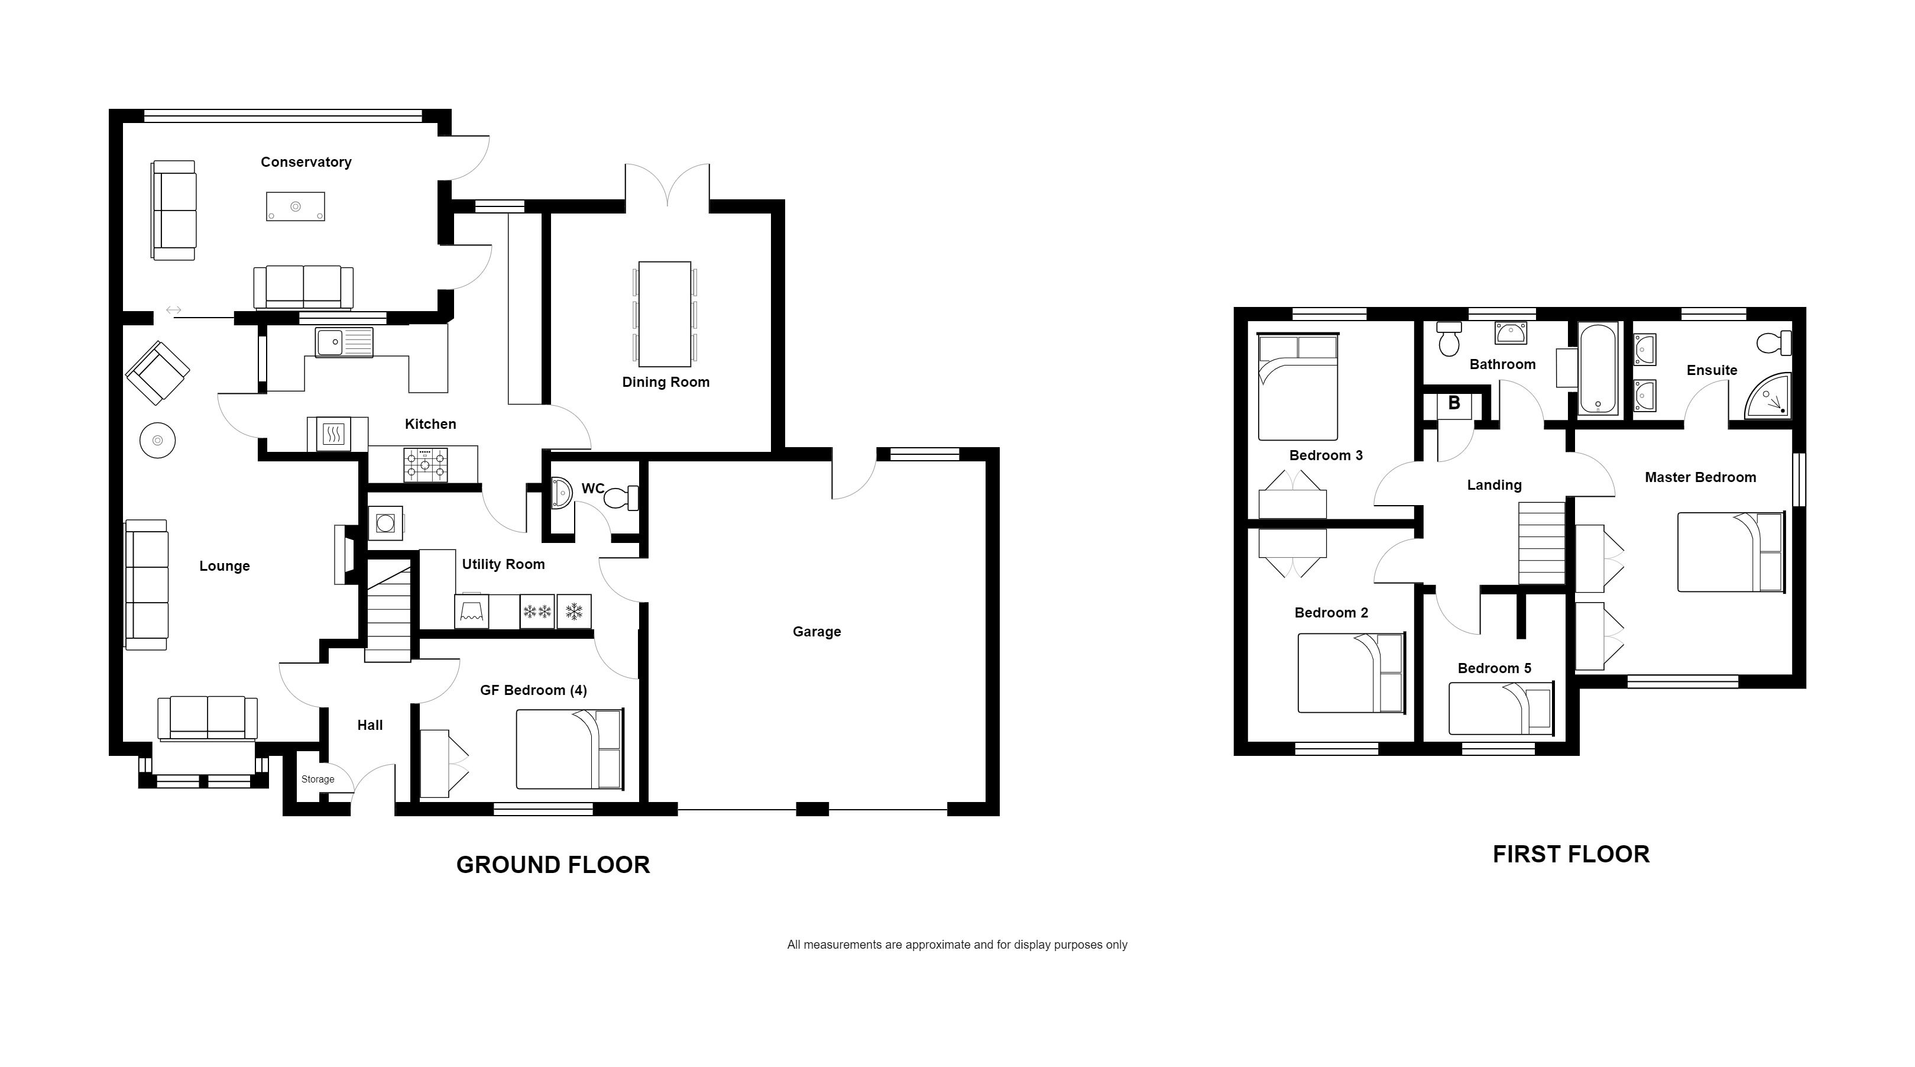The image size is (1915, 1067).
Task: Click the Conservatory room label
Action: [306, 162]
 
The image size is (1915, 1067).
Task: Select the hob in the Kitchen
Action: [425, 465]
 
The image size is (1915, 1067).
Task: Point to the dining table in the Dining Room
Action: [665, 314]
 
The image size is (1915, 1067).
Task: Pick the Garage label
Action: [816, 632]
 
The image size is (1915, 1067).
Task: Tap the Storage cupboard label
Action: [317, 779]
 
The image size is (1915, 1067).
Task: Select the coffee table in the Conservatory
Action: [295, 206]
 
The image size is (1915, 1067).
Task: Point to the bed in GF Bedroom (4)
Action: [569, 749]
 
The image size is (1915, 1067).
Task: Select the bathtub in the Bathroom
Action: [1598, 368]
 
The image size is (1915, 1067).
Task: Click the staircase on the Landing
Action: [1541, 543]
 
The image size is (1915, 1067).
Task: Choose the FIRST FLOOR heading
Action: [1571, 854]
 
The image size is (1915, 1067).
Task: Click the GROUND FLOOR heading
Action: [553, 865]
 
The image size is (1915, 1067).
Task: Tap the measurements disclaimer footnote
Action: [957, 945]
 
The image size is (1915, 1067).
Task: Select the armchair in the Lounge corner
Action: [158, 373]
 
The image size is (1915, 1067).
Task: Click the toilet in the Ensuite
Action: [1774, 344]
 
